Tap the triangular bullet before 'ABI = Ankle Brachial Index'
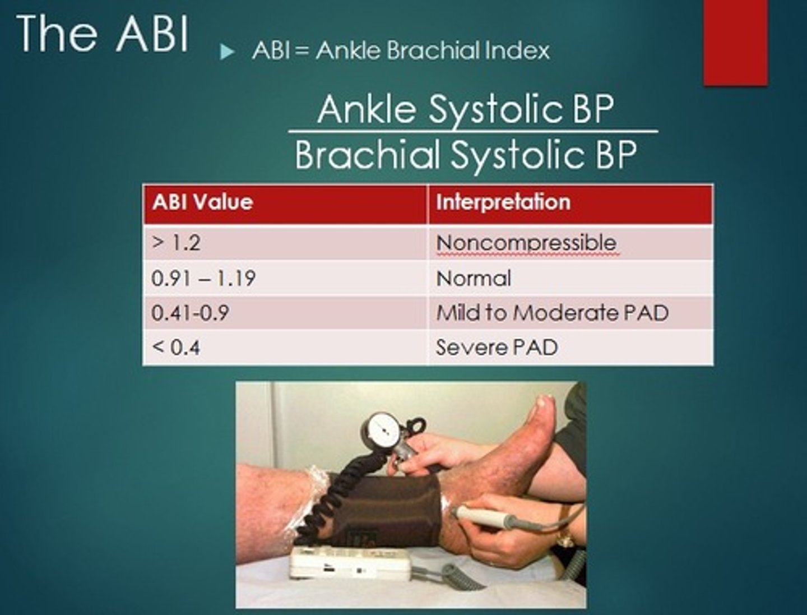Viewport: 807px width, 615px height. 226,53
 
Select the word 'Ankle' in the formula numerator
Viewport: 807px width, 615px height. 368,109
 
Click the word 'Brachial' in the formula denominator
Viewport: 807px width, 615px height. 367,154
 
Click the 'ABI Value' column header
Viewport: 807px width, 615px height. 202,202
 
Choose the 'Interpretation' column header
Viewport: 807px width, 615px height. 503,202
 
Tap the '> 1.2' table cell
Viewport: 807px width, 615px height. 176,243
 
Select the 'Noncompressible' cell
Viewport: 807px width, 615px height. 526,243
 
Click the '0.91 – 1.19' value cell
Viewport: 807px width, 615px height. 203,278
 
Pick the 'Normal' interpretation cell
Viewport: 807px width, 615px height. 474,278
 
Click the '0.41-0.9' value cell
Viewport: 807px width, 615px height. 190,313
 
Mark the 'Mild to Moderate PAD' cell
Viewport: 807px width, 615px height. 552,313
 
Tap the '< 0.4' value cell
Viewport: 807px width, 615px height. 176,348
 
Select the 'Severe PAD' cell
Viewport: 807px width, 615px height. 497,348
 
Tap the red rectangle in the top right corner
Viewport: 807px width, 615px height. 735,42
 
